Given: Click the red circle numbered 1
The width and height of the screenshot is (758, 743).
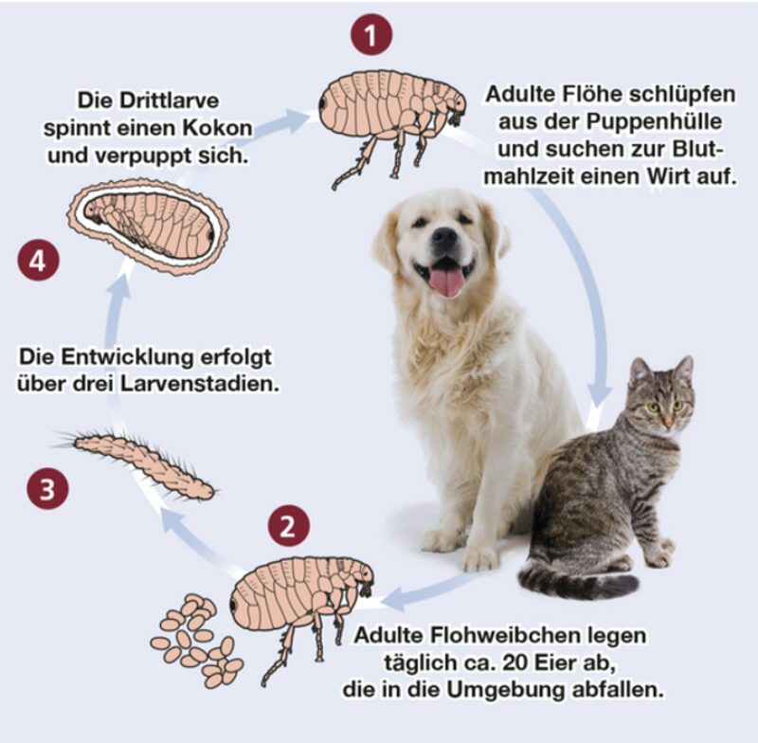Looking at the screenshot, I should click(372, 36).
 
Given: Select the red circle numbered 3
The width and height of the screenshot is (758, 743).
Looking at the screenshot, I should click(47, 490).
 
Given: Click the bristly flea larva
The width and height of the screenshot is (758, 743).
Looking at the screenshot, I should click(142, 462).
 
